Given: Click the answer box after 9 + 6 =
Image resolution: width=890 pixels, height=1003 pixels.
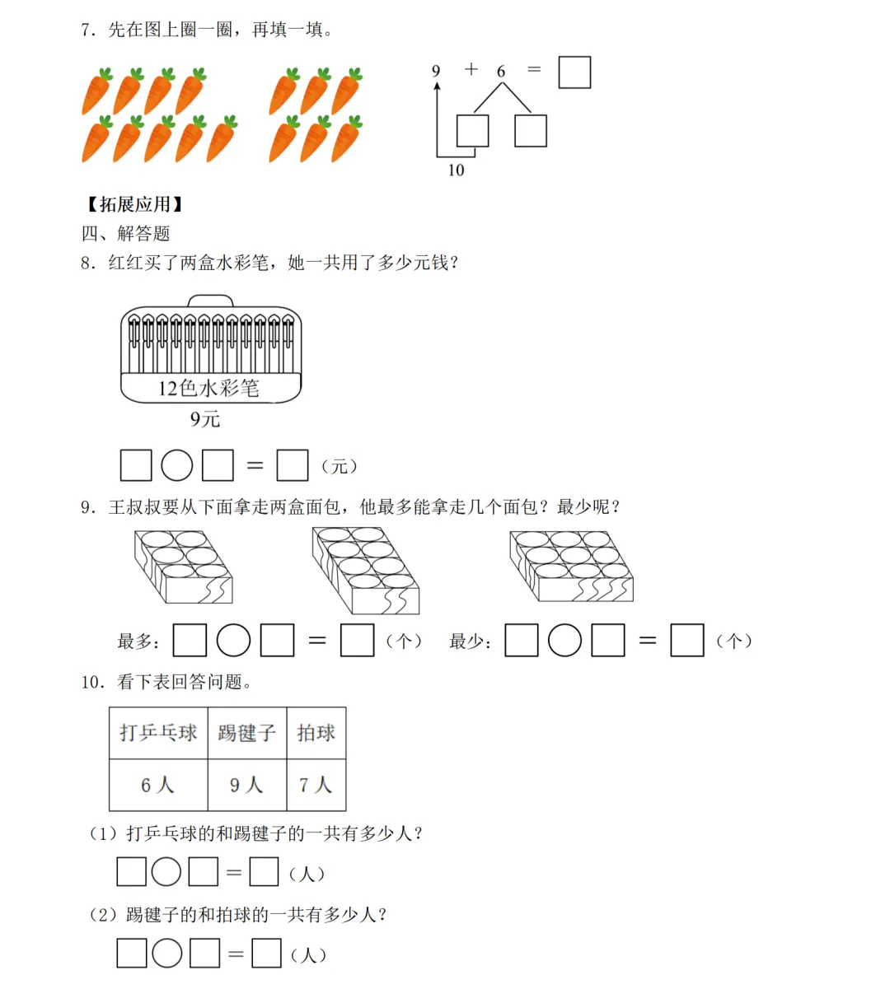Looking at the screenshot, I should [x=574, y=72].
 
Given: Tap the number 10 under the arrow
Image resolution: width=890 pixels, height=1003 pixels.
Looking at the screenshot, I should [x=456, y=170].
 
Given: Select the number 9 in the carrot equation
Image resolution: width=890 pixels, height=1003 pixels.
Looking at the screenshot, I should [x=436, y=71].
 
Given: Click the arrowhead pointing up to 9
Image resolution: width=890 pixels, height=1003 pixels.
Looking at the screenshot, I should [x=437, y=85].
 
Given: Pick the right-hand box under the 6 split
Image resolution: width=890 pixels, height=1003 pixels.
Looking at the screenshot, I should [x=531, y=131].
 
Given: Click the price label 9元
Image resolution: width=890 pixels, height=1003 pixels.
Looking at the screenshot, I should [x=205, y=419].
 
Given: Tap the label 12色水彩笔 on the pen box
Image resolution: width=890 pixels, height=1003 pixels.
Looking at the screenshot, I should [x=209, y=388].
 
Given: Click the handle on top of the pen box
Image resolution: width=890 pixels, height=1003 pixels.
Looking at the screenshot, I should [x=211, y=301].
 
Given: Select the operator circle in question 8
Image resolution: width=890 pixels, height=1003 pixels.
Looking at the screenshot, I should [x=176, y=465].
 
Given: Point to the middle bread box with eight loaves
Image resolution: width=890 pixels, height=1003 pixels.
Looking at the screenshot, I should [x=366, y=570].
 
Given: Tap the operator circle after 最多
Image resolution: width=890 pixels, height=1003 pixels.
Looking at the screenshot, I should [x=233, y=641].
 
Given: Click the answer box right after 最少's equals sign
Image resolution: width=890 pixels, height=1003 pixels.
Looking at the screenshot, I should [x=687, y=641].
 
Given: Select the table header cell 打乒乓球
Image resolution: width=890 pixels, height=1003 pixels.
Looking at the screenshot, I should [x=158, y=733].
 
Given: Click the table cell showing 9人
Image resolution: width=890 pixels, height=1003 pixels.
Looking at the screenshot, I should [x=246, y=785].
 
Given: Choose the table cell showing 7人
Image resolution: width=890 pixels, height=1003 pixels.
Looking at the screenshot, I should [x=316, y=785].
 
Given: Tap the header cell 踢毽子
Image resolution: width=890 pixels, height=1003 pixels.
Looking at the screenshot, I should [x=246, y=733].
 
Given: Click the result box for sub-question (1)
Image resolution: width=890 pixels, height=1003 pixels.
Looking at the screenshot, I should [x=264, y=872].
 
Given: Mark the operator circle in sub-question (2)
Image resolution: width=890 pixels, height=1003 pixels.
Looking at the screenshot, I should [x=167, y=954].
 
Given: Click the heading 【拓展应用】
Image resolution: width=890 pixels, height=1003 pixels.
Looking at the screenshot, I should [x=135, y=204].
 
